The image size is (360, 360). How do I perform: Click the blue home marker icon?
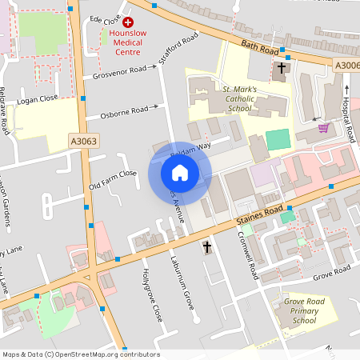pos(179,173)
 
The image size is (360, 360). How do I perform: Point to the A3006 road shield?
pos(346,65)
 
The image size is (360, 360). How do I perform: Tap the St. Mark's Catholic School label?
pos(227,100)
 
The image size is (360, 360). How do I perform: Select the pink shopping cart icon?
pos(323,127)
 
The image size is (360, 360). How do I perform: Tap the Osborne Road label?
pos(124,110)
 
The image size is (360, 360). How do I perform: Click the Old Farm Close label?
pos(113,180)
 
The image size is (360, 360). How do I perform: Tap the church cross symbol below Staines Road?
pos(207,247)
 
